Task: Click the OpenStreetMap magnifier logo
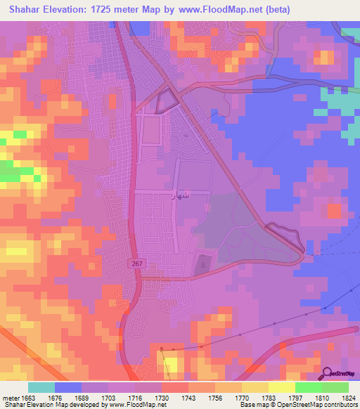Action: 326,372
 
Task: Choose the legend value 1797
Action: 278,398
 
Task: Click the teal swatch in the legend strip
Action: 41,387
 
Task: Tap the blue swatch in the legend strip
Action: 68,387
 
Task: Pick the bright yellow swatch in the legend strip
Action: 281,387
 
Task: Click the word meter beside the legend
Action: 9,398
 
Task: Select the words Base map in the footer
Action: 253,405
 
